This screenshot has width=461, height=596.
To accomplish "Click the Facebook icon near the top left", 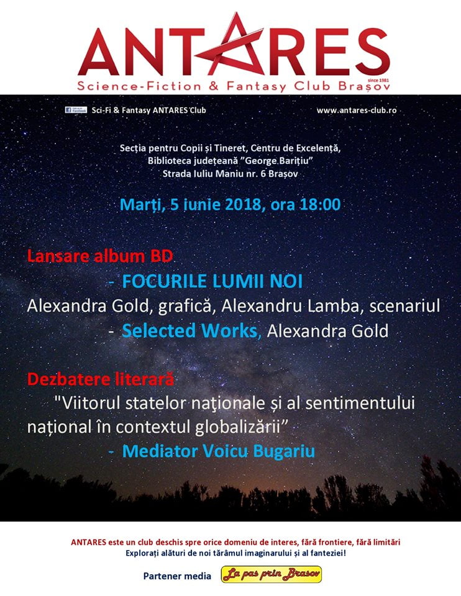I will [76, 110].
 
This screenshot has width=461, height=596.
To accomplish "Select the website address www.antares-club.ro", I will [356, 110].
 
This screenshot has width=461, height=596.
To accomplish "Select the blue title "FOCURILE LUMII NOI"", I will [212, 281].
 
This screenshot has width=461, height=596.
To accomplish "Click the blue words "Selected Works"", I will [189, 331].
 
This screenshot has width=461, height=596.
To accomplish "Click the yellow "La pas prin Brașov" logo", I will [272, 575].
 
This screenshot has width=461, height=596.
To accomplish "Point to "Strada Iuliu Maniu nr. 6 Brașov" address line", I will [230, 174].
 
